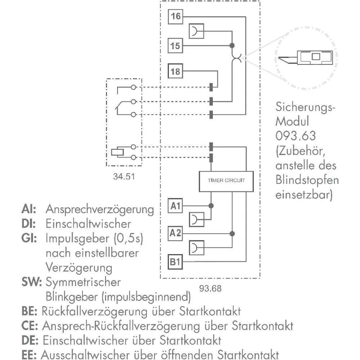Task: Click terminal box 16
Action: (176, 16)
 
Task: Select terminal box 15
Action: (176, 46)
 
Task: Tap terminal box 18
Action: (176, 71)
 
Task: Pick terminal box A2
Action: (175, 233)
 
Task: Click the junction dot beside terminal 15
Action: (232, 46)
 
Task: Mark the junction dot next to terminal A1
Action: (211, 206)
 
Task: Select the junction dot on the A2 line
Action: (233, 233)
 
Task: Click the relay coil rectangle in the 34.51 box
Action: (117, 152)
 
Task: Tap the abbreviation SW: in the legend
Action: (31, 282)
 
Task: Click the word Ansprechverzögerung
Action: (100, 209)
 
